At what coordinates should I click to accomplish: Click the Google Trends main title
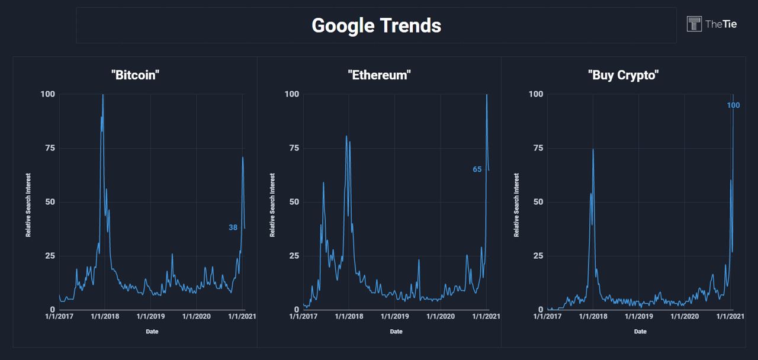[x=376, y=25]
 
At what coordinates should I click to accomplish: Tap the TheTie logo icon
[x=693, y=24]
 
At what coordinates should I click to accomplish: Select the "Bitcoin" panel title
[x=136, y=75]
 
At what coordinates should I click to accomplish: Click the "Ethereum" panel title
[x=379, y=75]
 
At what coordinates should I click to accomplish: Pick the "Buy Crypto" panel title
[x=624, y=75]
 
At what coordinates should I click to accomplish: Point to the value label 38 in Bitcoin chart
[x=233, y=227]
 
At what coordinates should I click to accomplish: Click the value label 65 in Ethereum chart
[x=477, y=169]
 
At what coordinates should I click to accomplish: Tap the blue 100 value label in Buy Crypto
[x=733, y=105]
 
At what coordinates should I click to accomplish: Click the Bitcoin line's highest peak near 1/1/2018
[x=103, y=95]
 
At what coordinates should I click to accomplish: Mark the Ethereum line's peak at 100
[x=487, y=95]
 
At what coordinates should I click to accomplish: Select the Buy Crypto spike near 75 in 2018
[x=593, y=149]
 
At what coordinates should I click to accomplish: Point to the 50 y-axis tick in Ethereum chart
[x=292, y=202]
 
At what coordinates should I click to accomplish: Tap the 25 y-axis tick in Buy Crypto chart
[x=536, y=256]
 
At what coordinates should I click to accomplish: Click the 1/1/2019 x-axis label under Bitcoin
[x=150, y=316]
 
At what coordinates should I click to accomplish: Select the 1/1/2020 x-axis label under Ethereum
[x=441, y=316]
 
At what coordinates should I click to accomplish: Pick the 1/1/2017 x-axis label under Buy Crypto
[x=547, y=316]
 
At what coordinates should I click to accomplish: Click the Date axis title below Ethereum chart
[x=396, y=332]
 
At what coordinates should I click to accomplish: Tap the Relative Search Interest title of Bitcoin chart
[x=28, y=205]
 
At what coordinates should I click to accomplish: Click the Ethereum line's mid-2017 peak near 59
[x=323, y=183]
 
